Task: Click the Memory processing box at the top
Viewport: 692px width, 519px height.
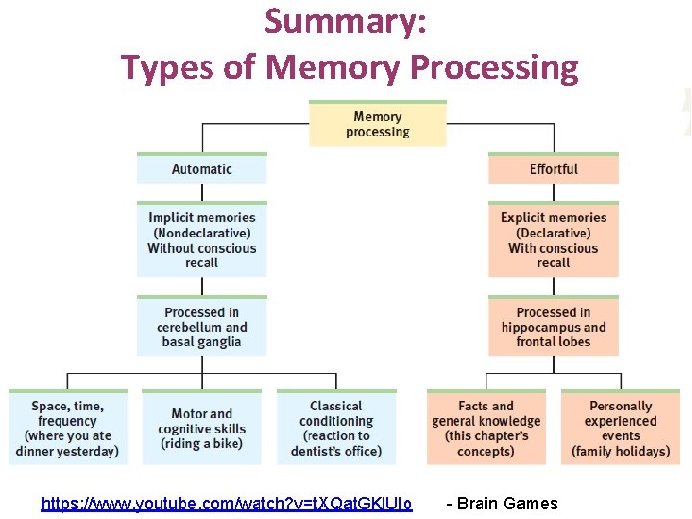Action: coord(378,124)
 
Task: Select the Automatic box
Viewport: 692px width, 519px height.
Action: coord(202,169)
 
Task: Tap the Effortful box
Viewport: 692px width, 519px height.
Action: coord(554,169)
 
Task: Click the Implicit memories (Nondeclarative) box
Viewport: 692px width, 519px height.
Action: coord(202,240)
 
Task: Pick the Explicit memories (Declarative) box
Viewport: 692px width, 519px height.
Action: coord(554,240)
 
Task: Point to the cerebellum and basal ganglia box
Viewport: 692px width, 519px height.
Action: coord(202,327)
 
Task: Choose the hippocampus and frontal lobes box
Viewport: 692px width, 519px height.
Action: coord(554,327)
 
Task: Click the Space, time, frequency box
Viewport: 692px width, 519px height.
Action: coord(68,429)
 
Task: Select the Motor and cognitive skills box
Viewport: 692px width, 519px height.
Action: coord(202,429)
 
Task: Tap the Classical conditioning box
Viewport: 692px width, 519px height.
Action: coord(336,429)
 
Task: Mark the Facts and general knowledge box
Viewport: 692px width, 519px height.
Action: coord(486,429)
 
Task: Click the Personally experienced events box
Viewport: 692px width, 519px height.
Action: coord(621,429)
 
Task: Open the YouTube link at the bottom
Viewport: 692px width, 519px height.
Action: coord(227,504)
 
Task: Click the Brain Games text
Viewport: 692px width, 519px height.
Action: coord(503,504)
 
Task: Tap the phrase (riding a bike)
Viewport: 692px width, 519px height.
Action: coord(202,444)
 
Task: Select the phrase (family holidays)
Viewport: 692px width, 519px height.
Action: coord(621,451)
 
